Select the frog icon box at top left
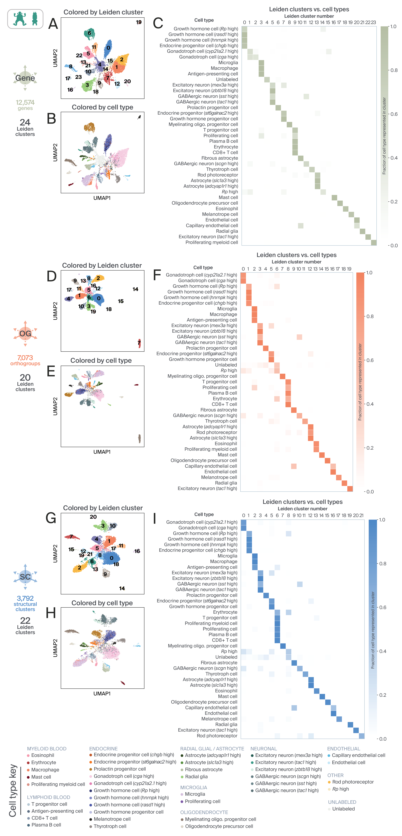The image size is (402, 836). [x=25, y=19]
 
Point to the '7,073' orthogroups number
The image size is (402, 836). [x=25, y=358]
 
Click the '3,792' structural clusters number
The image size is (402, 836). [x=25, y=598]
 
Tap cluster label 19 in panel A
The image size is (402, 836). [x=139, y=22]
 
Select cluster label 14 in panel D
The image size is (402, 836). [x=135, y=289]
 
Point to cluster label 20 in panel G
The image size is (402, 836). [x=93, y=517]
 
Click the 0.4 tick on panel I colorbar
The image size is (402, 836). [x=383, y=651]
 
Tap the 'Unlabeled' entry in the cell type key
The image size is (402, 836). [x=343, y=809]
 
